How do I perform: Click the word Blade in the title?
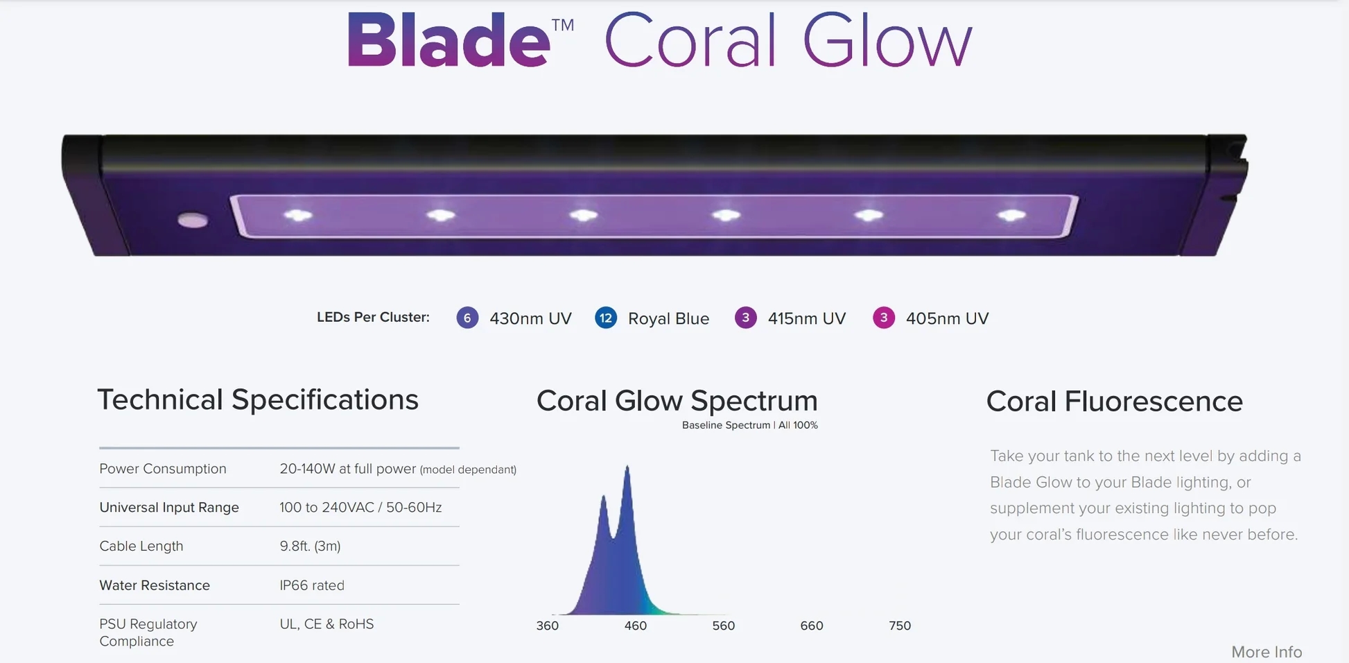449,40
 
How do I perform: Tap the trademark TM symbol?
563,26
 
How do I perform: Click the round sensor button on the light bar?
193,221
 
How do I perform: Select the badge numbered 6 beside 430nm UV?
467,318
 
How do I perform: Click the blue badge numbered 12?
606,318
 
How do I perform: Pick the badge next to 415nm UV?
745,318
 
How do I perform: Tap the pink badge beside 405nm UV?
883,318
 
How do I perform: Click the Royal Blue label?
668,318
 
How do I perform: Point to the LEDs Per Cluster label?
373,317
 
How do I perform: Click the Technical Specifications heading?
258,399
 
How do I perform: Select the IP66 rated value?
312,585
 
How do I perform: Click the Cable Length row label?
141,546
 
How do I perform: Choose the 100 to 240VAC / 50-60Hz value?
360,507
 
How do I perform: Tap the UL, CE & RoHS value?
327,624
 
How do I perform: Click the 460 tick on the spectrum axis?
635,626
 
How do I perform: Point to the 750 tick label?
900,626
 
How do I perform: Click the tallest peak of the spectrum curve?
627,467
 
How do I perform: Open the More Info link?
1267,652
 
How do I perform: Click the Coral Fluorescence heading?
1115,401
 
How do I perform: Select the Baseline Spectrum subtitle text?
750,425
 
